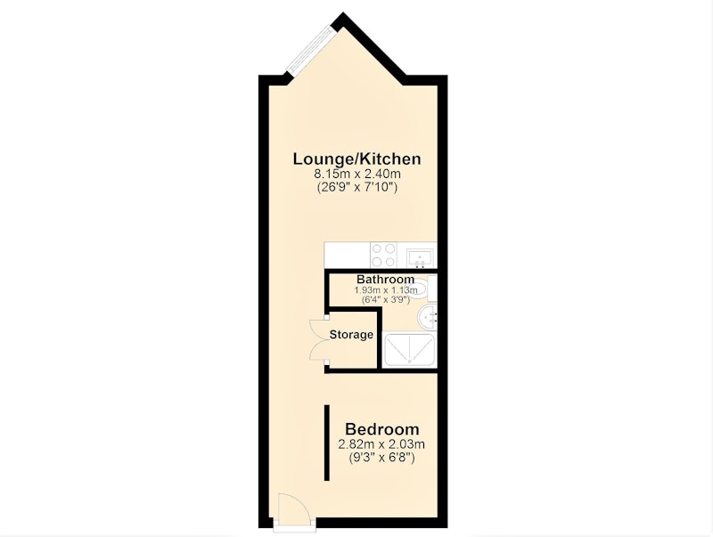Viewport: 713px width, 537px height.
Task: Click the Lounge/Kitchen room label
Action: pos(357,159)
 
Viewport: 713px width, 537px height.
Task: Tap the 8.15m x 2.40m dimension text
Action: pos(357,174)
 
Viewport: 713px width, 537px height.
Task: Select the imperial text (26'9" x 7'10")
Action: pos(357,187)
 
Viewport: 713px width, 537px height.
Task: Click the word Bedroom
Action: pos(382,429)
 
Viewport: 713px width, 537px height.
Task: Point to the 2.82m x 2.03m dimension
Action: pos(382,443)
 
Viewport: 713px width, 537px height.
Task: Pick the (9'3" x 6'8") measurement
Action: pos(382,457)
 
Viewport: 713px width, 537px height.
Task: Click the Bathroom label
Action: pos(385,279)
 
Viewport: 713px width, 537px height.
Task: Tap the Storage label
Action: pos(351,335)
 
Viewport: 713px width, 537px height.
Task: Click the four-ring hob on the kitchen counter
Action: pos(383,255)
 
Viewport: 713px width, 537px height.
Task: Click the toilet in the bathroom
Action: pos(427,288)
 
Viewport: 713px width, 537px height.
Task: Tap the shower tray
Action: pos(409,350)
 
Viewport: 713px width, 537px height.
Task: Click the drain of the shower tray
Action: pos(409,362)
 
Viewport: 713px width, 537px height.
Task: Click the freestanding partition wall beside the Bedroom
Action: pos(326,443)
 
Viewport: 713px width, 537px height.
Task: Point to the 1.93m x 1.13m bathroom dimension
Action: pos(386,289)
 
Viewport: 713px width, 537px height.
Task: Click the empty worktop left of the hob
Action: pos(347,255)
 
